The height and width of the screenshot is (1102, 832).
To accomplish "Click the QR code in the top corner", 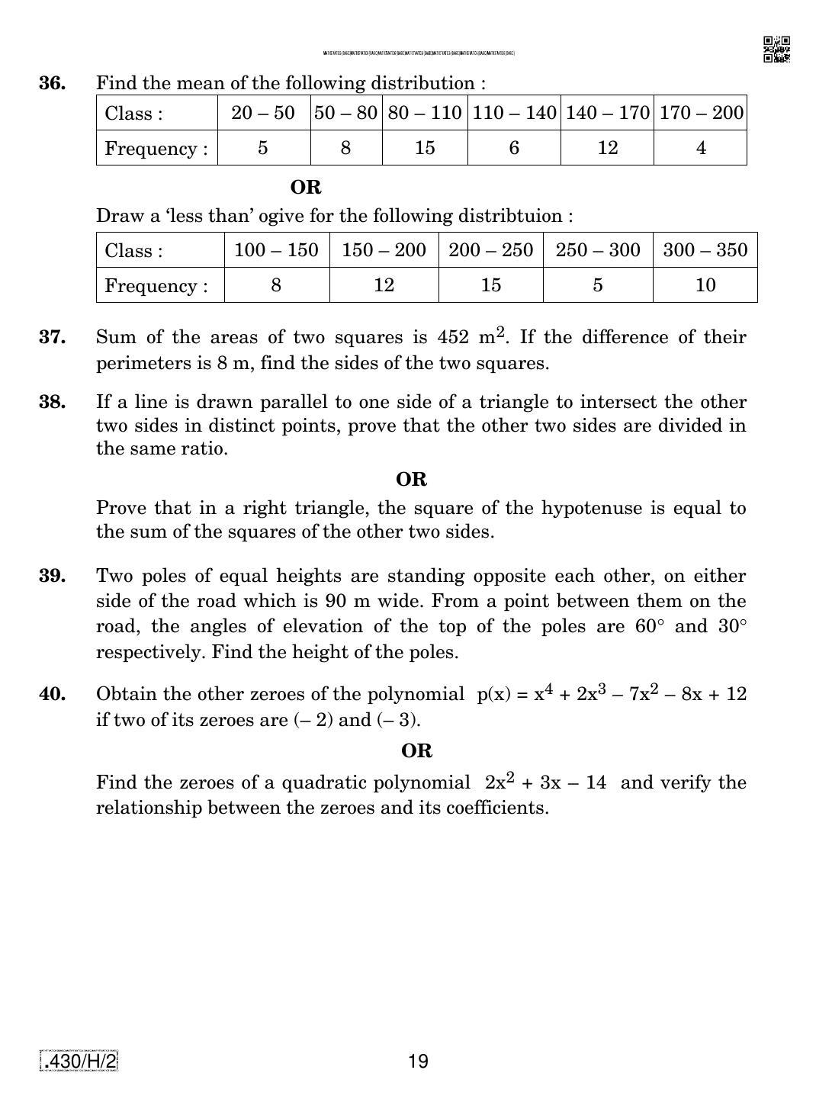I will tap(776, 50).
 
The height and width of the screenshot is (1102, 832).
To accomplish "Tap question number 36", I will tap(52, 83).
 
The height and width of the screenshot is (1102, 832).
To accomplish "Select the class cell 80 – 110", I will tap(425, 113).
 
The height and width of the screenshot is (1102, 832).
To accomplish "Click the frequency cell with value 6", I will tap(514, 148).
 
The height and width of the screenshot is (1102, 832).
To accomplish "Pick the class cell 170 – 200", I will tap(701, 113).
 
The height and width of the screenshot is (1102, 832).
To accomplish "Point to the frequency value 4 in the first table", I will tap(701, 148).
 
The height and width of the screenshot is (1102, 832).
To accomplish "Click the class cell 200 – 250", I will tap(490, 250).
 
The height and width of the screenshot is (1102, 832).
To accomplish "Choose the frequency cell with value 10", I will tap(705, 285).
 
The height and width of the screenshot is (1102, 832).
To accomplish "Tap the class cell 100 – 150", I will tap(276, 250).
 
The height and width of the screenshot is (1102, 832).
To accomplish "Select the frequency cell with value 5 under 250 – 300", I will tap(597, 285).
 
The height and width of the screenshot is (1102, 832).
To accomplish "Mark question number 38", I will tap(52, 402).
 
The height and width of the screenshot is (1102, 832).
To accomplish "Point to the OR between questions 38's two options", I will tap(411, 480).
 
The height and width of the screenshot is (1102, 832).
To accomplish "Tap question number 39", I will tap(52, 576).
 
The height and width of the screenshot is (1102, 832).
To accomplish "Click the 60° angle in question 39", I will tap(650, 627).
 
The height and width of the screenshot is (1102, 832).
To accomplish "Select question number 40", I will tap(52, 694).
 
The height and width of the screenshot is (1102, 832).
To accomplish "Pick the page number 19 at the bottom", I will tap(418, 1061).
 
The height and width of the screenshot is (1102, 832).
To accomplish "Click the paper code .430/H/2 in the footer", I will tap(79, 1061).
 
